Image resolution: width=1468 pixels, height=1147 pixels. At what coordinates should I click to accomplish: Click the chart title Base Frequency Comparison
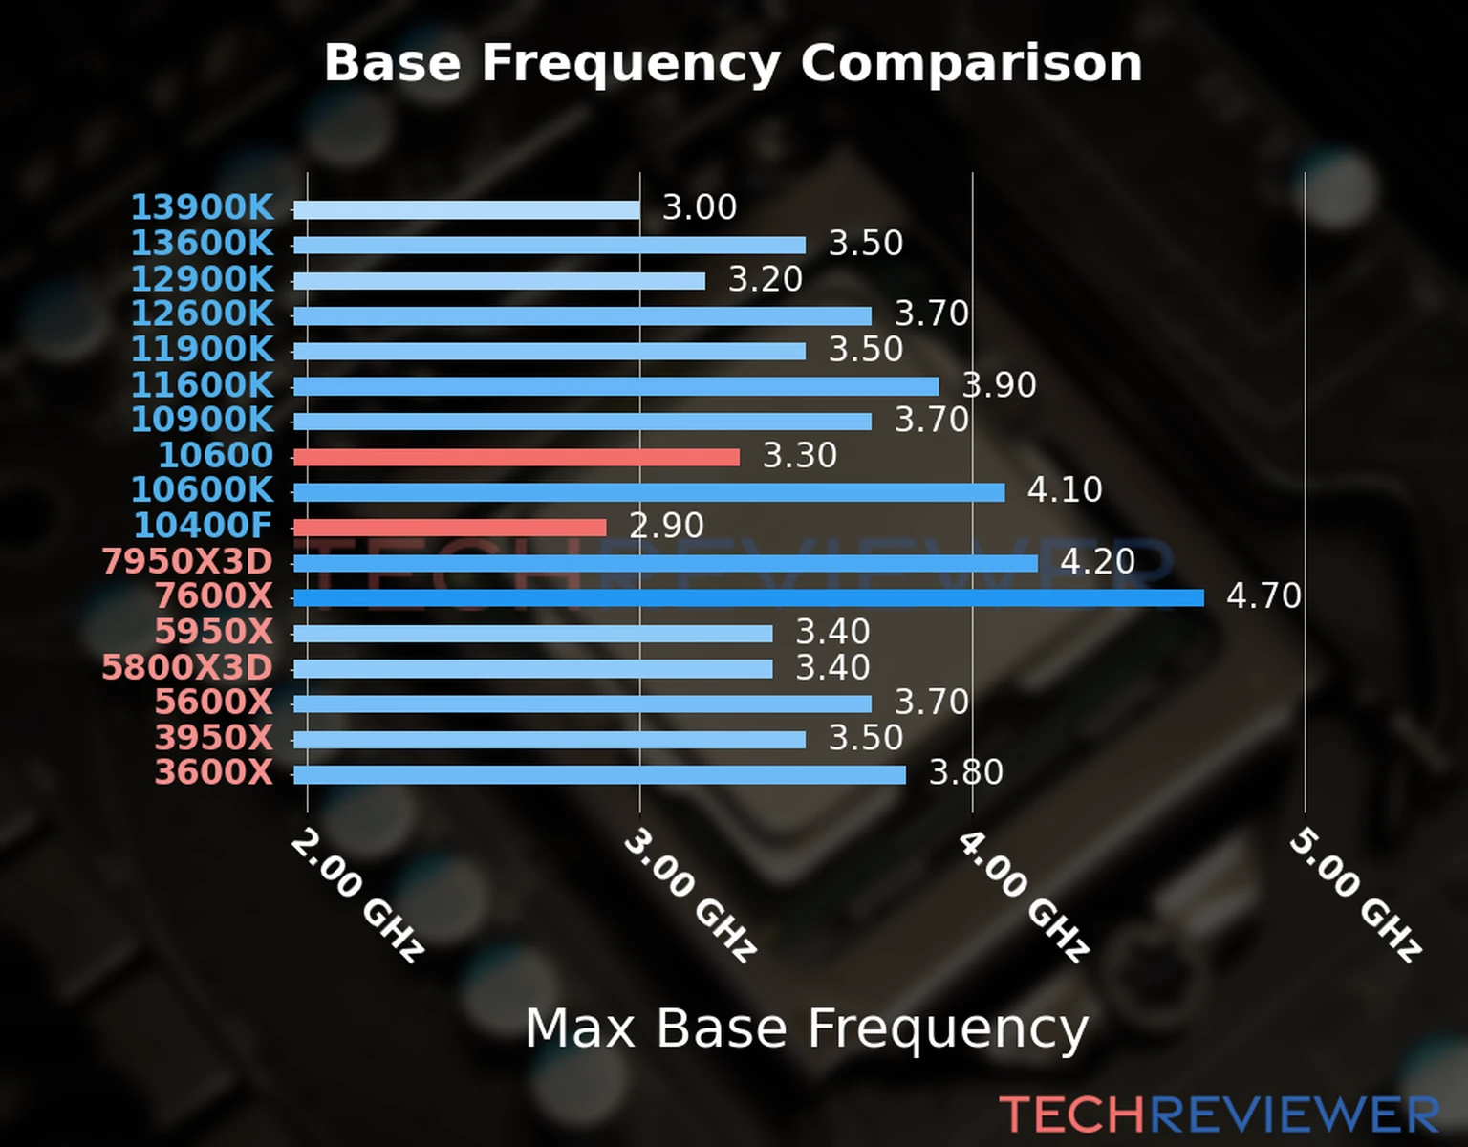point(733,63)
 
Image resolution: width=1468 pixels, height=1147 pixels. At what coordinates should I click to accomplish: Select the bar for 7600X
point(748,598)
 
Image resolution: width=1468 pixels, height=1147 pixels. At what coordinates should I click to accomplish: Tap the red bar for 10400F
point(449,528)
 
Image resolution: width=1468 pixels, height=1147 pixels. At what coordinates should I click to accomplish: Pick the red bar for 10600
point(516,457)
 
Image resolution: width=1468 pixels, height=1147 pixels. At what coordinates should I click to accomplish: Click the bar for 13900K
point(466,210)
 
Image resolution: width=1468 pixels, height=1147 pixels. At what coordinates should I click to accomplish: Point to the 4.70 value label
point(1263,596)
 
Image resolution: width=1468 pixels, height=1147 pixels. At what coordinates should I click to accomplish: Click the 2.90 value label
point(666,526)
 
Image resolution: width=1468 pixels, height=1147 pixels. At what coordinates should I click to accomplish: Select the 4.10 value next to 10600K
point(1065,490)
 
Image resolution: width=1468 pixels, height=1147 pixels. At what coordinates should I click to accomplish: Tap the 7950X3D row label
point(187,561)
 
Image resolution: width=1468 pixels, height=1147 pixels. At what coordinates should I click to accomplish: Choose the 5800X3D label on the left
point(187,667)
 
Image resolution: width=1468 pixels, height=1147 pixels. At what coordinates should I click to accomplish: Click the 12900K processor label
point(202,279)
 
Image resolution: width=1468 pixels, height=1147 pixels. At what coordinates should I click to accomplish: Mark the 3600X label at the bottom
point(214,772)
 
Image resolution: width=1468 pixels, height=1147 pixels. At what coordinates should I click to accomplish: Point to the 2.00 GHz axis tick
point(356,895)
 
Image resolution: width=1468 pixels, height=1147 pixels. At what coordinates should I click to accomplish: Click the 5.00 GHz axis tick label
point(1355,895)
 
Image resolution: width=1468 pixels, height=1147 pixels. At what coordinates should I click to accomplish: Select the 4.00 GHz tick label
point(1023,895)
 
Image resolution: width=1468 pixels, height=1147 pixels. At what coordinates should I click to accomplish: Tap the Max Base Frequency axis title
point(807,1028)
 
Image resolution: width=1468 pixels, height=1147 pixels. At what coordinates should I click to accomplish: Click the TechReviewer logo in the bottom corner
point(1219,1115)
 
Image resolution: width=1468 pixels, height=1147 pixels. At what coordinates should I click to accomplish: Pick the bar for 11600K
point(615,386)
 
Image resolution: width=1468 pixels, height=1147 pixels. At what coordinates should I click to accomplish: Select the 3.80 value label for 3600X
point(966,772)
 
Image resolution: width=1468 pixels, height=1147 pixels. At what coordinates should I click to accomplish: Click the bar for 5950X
point(532,633)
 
